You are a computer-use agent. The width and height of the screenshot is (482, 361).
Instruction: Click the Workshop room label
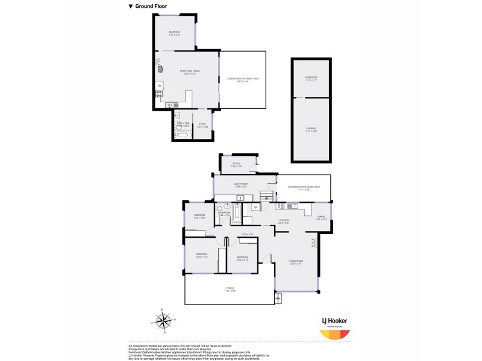(x=311, y=78)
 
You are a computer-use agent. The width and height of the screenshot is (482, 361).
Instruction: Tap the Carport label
(x=311, y=128)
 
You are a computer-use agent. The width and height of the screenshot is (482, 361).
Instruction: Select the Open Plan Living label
(x=190, y=70)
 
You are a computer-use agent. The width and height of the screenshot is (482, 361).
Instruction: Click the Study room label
(x=202, y=124)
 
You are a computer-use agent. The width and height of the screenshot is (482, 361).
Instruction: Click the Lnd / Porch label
(x=240, y=184)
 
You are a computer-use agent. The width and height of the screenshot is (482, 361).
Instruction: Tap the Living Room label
(x=296, y=261)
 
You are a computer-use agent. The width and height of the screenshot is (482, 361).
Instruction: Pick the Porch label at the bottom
(x=230, y=289)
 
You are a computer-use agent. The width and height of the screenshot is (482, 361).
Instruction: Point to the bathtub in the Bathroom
(x=238, y=213)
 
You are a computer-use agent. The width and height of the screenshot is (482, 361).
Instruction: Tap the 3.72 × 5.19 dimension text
(x=296, y=264)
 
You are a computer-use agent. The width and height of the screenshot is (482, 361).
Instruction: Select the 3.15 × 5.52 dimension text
(x=311, y=131)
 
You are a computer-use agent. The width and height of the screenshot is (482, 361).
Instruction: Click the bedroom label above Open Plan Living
(x=174, y=32)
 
